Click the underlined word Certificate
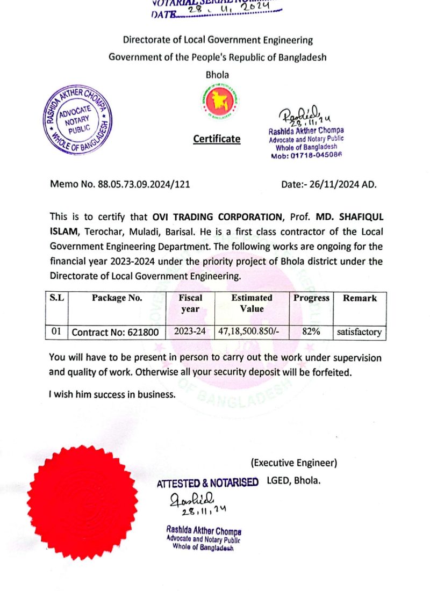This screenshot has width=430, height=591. (x=217, y=139)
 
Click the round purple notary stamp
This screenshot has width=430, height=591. (x=78, y=120)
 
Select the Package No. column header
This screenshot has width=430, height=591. (x=117, y=298)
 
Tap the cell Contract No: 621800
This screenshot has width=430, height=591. (x=115, y=332)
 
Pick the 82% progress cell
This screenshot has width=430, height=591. (x=311, y=332)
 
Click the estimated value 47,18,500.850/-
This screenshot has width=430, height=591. (x=252, y=332)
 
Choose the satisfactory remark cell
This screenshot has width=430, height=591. (x=359, y=332)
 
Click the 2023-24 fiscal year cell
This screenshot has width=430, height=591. (x=190, y=332)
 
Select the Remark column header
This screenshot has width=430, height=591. (x=360, y=298)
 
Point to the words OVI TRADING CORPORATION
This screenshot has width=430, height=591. (x=217, y=217)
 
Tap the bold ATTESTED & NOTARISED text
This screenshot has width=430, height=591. (x=207, y=483)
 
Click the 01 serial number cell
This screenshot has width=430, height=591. (x=57, y=332)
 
